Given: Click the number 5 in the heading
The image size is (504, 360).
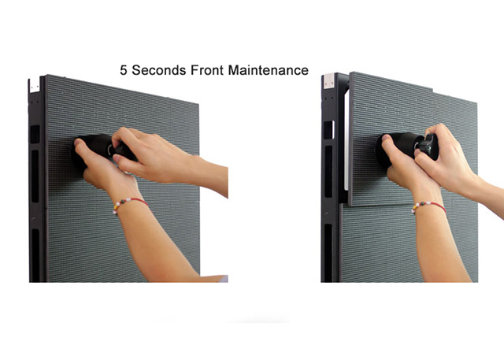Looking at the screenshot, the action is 123,70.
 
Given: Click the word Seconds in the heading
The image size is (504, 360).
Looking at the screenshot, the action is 159,70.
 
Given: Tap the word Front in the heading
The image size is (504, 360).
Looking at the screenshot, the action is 207,70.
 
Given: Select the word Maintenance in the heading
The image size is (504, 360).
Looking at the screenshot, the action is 269,70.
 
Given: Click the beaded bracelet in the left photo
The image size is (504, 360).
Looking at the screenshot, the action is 130,203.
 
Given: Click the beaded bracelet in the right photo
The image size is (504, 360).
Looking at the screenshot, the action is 428,206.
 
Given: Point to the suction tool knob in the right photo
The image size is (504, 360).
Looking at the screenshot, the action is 428,147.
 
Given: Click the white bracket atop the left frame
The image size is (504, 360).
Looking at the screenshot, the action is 35,84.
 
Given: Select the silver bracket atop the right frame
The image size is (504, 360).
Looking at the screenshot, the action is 329,80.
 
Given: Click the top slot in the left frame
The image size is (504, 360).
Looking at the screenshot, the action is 35,134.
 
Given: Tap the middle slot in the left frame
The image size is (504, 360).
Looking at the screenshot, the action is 35,176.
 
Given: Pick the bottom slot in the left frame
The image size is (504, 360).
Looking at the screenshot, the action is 35,255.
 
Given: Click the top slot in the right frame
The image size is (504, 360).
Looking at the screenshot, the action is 328,129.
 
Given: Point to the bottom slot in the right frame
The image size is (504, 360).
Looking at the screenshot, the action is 328,253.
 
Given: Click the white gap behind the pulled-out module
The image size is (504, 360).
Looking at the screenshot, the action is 346,139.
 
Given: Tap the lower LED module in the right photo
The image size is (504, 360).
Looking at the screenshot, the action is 409,243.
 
